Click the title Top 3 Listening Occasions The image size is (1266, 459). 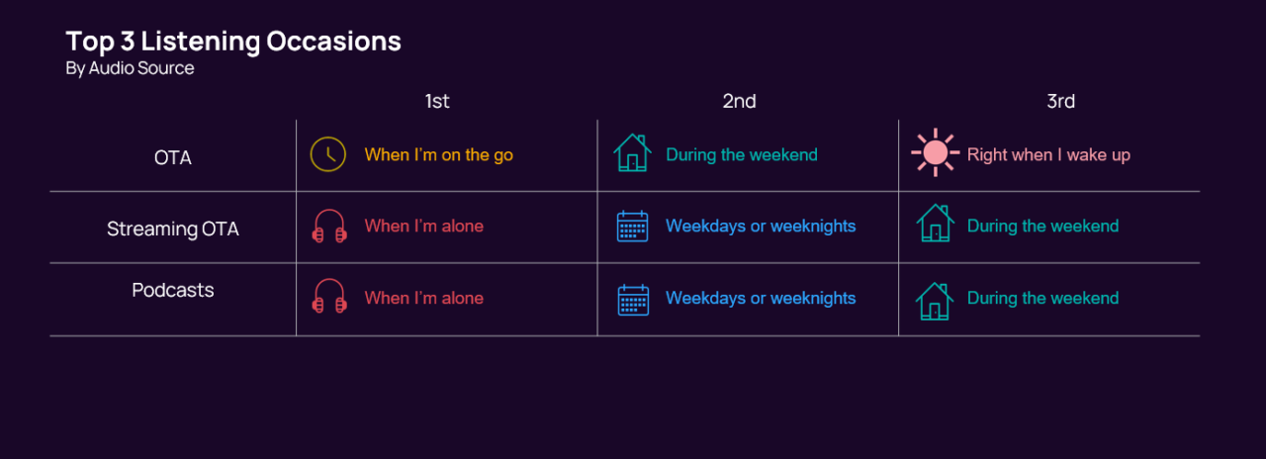point(233,42)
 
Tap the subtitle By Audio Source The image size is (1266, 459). point(130,68)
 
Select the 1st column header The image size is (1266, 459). point(437,101)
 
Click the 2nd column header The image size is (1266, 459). point(739,101)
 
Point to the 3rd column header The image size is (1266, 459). point(1060,101)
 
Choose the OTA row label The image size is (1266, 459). point(173,156)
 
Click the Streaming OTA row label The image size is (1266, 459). point(173,229)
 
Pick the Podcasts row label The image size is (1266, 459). point(173,290)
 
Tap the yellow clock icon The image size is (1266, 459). point(328,154)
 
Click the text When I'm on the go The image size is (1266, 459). point(439,154)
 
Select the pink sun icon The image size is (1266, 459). point(935,153)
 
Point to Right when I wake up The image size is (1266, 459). point(1048,154)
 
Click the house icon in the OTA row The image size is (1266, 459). point(632,153)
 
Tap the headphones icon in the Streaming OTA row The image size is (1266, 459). point(329,226)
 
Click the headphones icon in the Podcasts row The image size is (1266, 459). point(329,297)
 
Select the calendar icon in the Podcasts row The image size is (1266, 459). point(633,299)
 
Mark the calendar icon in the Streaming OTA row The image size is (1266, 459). point(633,227)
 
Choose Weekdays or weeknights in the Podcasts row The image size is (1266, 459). point(761,298)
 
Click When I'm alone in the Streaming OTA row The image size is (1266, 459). point(423,226)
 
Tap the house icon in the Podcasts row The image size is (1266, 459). point(934,300)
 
